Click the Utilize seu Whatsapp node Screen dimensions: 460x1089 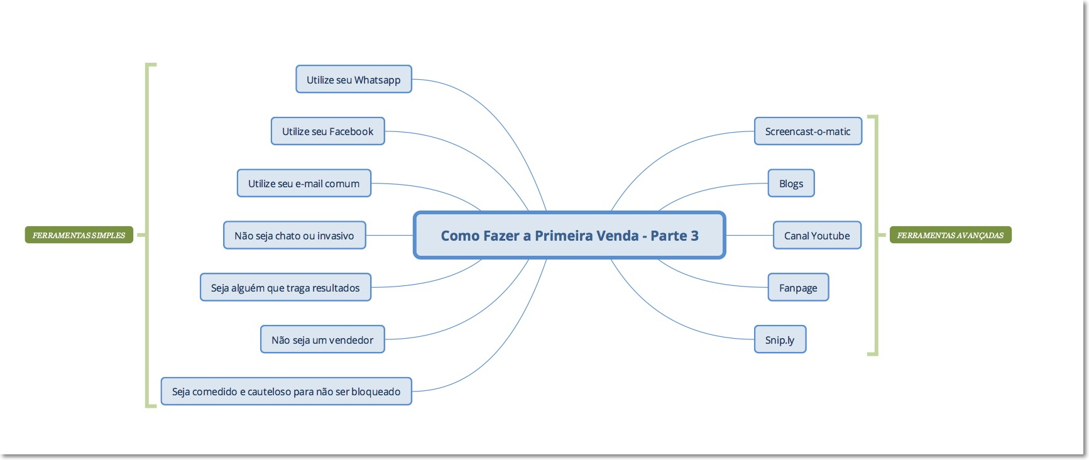pyautogui.click(x=353, y=80)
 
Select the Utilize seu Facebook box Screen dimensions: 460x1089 pyautogui.click(x=327, y=131)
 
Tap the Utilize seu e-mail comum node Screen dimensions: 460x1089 pyautogui.click(x=304, y=183)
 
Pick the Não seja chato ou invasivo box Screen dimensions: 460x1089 pyautogui.click(x=294, y=236)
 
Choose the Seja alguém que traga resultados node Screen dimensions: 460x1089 pyautogui.click(x=285, y=288)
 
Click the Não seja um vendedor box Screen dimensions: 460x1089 pyautogui.click(x=322, y=340)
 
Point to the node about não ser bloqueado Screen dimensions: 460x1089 pyautogui.click(x=286, y=392)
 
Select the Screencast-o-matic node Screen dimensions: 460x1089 pyautogui.click(x=807, y=131)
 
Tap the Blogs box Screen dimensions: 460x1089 pyautogui.click(x=791, y=183)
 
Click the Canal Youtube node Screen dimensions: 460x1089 pyautogui.click(x=817, y=236)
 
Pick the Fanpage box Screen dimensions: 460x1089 pyautogui.click(x=798, y=288)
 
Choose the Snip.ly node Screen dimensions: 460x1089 pyautogui.click(x=780, y=340)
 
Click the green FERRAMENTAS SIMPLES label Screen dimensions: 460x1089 pyautogui.click(x=79, y=235)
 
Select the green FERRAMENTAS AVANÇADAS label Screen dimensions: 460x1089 pyautogui.click(x=950, y=235)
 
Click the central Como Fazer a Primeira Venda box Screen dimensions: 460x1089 pyautogui.click(x=569, y=236)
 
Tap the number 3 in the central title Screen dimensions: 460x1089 pyautogui.click(x=694, y=236)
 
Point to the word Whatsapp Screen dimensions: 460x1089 pyautogui.click(x=377, y=80)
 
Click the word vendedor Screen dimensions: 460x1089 pyautogui.click(x=351, y=340)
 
